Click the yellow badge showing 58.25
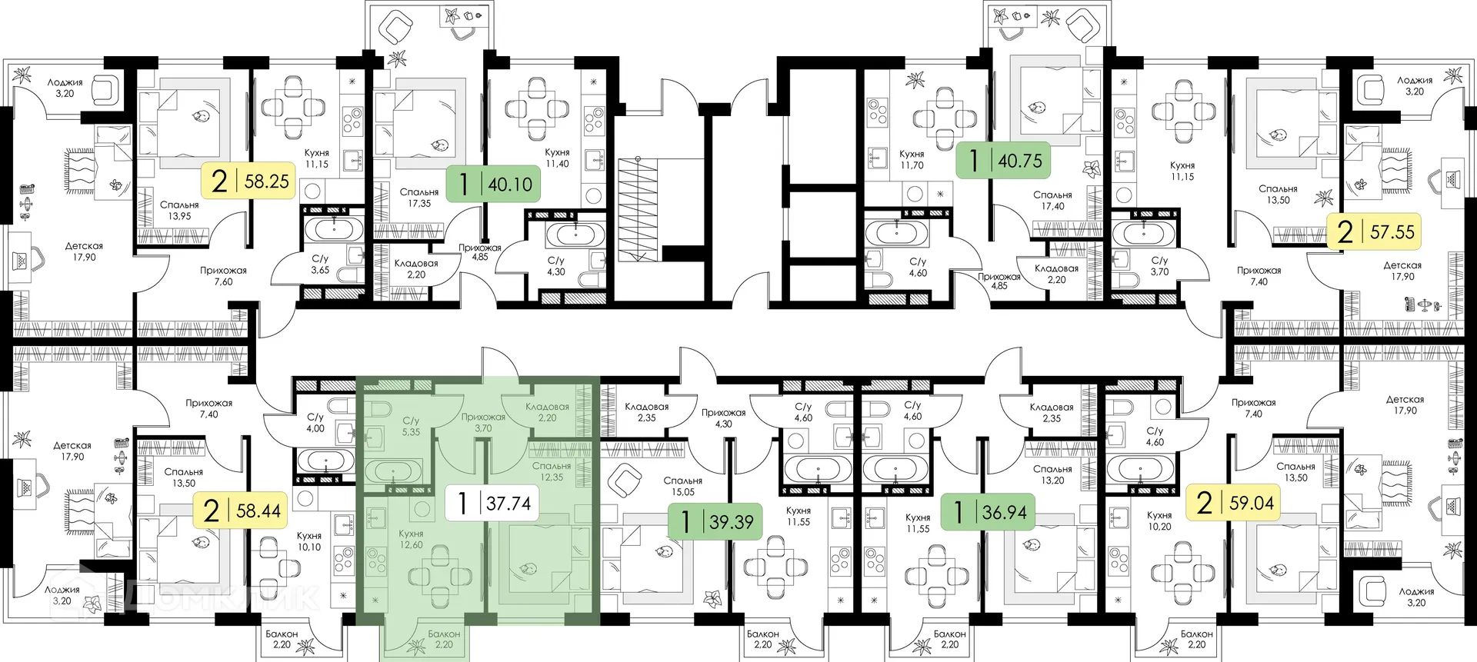pyautogui.click(x=248, y=181)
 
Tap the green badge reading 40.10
pyautogui.click(x=493, y=185)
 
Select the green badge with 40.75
pyautogui.click(x=1003, y=161)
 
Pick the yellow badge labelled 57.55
pyautogui.click(x=1374, y=231)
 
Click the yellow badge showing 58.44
pyautogui.click(x=240, y=511)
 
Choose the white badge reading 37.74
pyautogui.click(x=492, y=504)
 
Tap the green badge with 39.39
pyautogui.click(x=715, y=523)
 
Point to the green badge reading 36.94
pyautogui.click(x=988, y=512)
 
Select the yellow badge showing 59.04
pyautogui.click(x=1233, y=503)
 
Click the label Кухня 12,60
pyautogui.click(x=411, y=539)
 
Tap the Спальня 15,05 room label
pyautogui.click(x=683, y=486)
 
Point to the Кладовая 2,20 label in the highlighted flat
pyautogui.click(x=547, y=412)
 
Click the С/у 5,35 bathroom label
pyautogui.click(x=411, y=427)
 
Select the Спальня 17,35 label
pyautogui.click(x=419, y=198)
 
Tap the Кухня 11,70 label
pyautogui.click(x=912, y=159)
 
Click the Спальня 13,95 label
pyautogui.click(x=179, y=211)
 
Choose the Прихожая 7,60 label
pyautogui.click(x=223, y=276)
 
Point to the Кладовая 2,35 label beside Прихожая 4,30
pyautogui.click(x=646, y=412)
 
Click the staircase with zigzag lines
pyautogui.click(x=638, y=209)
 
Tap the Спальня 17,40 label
pyautogui.click(x=1052, y=201)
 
